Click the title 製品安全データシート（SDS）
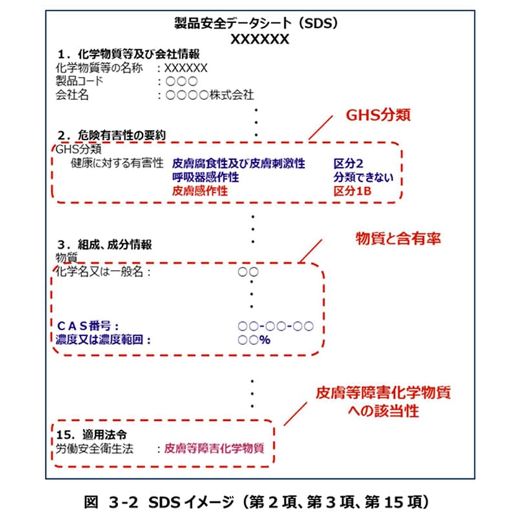click(257, 24)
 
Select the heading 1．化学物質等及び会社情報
click(119, 54)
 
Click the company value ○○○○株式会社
click(209, 95)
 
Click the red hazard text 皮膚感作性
click(200, 191)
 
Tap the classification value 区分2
click(350, 164)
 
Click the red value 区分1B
click(354, 191)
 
